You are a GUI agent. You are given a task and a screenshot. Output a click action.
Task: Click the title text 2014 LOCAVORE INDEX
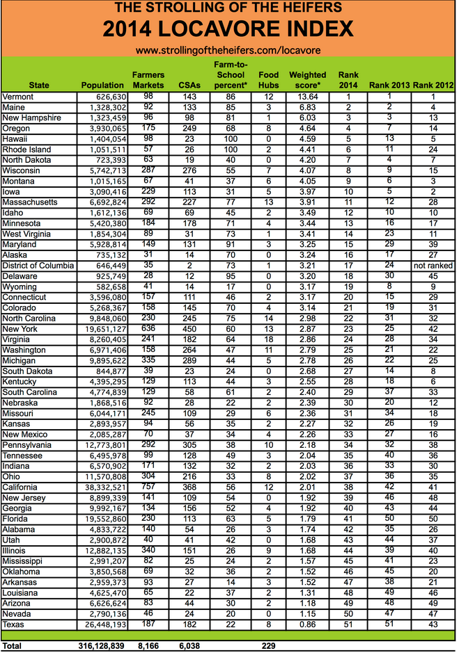(228, 29)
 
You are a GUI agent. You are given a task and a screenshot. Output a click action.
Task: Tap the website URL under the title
(228, 51)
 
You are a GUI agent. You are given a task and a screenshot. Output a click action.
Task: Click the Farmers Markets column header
(147, 79)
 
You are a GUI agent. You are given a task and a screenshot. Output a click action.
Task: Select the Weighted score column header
(307, 79)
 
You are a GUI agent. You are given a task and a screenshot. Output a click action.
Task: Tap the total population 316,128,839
(98, 646)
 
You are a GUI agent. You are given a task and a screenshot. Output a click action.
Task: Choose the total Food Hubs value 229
(269, 646)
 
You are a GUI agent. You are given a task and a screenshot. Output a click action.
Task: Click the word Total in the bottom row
(13, 646)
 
